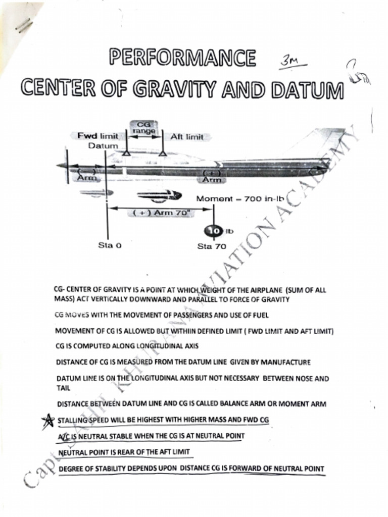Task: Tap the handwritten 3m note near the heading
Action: click(290, 63)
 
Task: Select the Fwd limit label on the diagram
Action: click(98, 136)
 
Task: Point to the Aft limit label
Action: click(187, 137)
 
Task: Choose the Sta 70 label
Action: click(212, 246)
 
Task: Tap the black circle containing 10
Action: click(213, 231)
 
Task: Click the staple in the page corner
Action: click(23, 25)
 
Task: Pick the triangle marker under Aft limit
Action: click(162, 151)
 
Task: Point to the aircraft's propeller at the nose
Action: click(66, 166)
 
